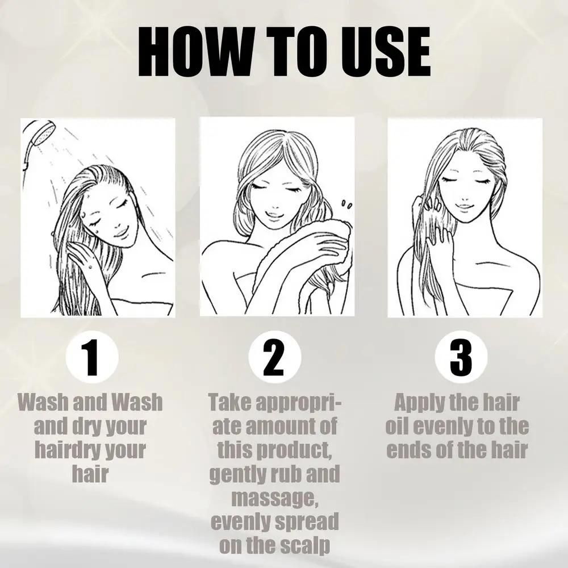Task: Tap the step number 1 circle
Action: point(93,357)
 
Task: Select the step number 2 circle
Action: point(274,357)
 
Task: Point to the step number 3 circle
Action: point(461,357)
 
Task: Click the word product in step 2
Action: point(293,450)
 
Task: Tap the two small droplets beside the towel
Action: point(346,204)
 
